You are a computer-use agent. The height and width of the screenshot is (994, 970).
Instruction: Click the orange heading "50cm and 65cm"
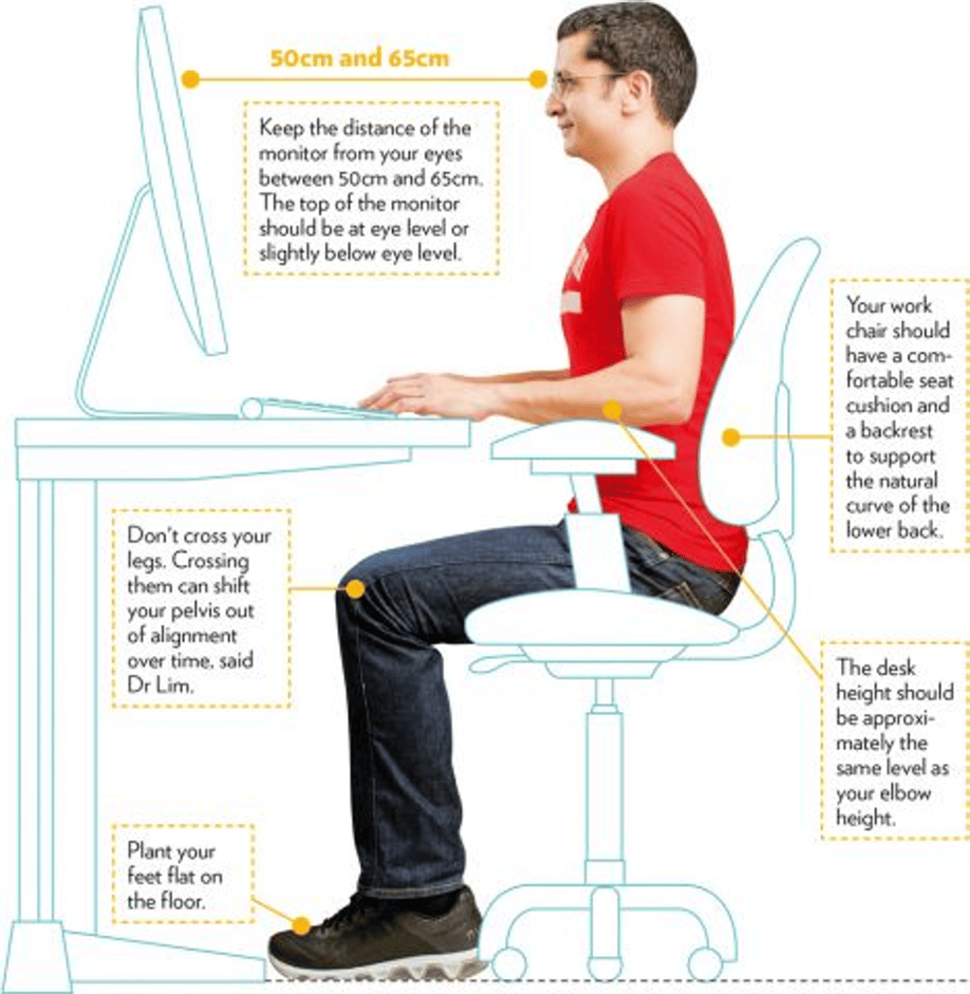[x=360, y=58]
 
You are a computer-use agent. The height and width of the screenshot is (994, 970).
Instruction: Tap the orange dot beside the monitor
[x=190, y=80]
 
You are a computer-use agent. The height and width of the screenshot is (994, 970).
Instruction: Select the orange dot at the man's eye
[x=538, y=80]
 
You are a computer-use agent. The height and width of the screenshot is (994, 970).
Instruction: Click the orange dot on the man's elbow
[x=612, y=410]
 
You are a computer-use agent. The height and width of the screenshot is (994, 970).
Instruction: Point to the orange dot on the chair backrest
[x=731, y=436]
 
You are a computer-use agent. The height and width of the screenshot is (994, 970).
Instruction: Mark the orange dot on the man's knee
[x=355, y=589]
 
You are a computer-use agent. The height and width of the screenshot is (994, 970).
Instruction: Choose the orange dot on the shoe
[x=301, y=926]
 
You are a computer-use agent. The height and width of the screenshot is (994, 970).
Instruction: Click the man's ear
[x=638, y=91]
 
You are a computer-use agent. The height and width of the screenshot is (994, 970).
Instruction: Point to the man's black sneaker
[x=375, y=934]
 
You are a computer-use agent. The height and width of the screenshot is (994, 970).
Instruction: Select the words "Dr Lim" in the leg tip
[x=159, y=685]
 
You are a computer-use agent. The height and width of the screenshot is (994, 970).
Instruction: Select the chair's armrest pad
[x=583, y=442]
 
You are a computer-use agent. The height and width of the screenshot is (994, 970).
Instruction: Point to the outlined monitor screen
[x=182, y=181]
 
